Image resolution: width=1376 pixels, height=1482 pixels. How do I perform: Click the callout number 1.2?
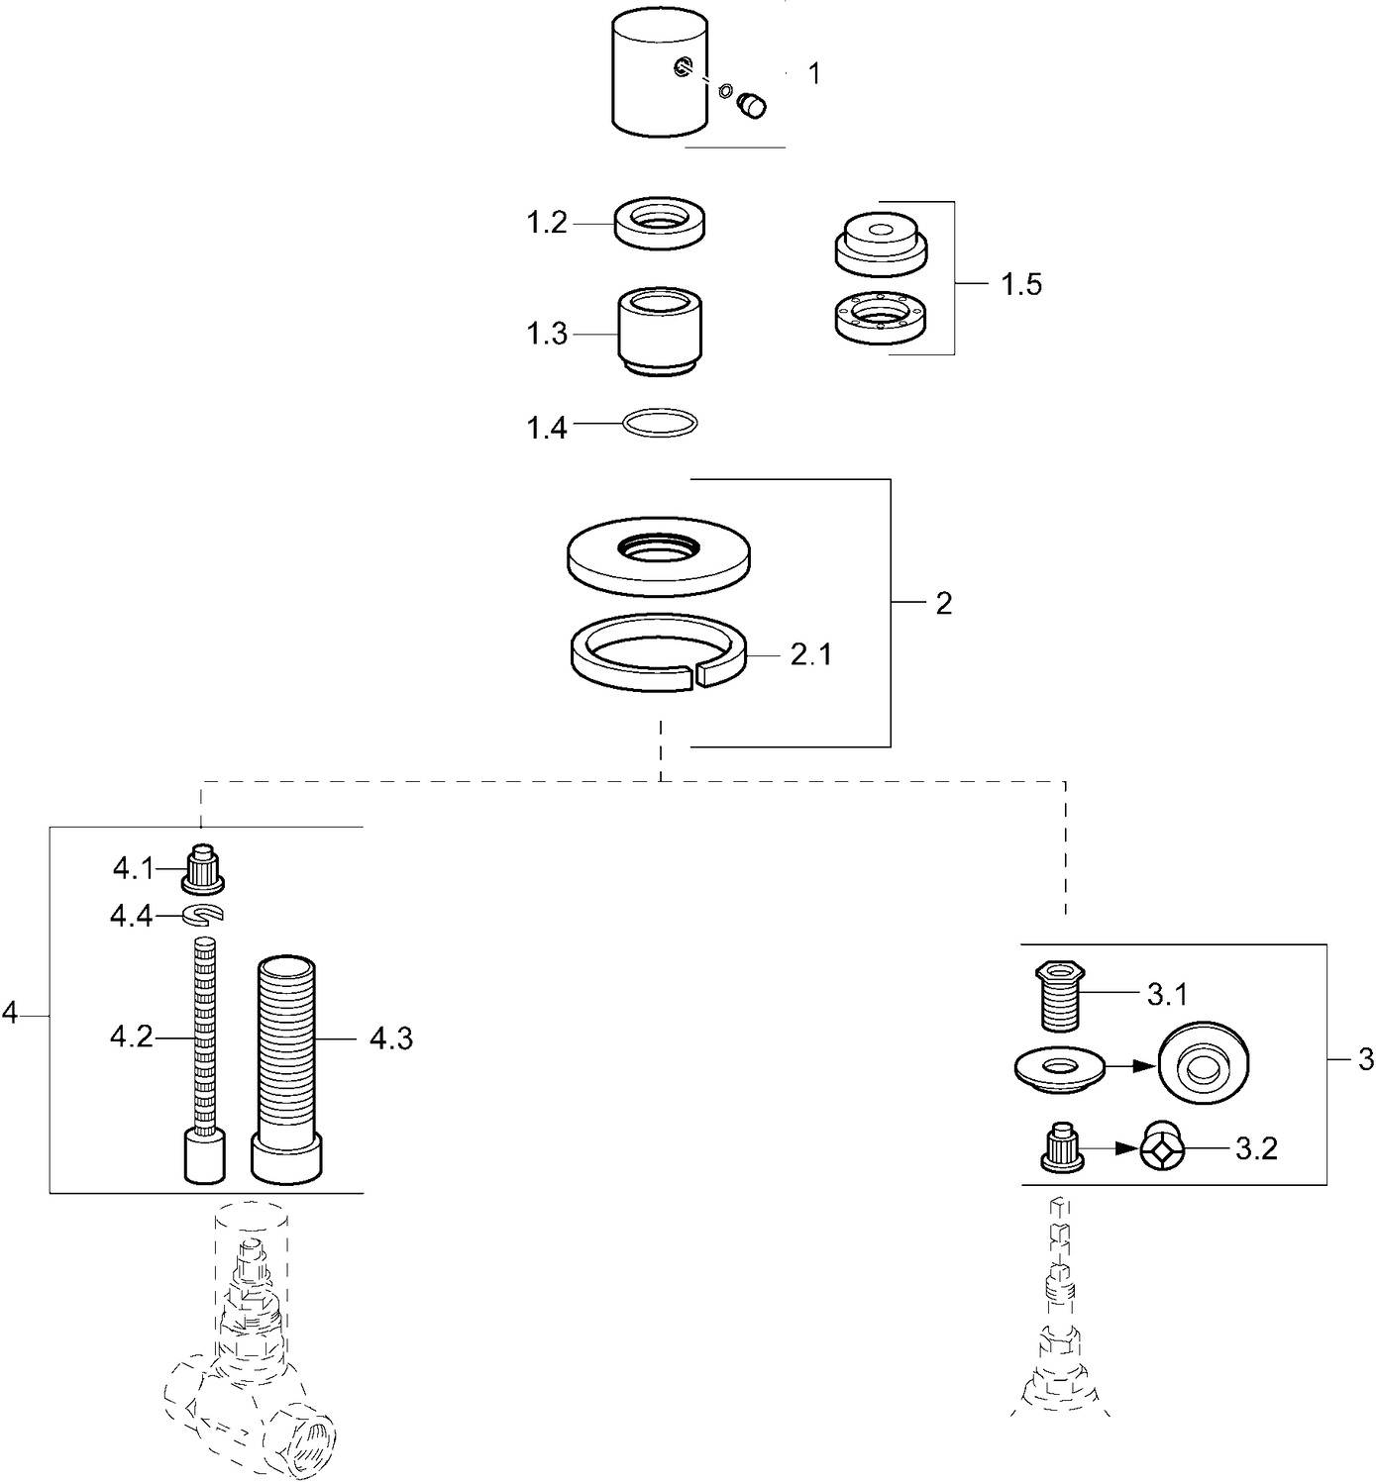pyautogui.click(x=546, y=223)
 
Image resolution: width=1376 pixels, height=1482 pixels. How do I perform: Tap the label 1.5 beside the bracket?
pyautogui.click(x=1021, y=285)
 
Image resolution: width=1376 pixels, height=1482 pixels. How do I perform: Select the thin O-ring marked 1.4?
pyautogui.click(x=661, y=424)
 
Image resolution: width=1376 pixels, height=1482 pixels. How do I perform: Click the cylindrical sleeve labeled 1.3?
pyautogui.click(x=661, y=332)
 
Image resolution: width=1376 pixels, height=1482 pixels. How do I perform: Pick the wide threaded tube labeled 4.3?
pyautogui.click(x=287, y=1069)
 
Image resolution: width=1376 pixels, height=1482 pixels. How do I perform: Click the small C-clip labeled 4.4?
pyautogui.click(x=203, y=915)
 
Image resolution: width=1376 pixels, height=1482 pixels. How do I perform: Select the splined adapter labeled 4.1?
pyautogui.click(x=204, y=867)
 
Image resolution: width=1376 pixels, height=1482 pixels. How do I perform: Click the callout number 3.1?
pyautogui.click(x=1167, y=994)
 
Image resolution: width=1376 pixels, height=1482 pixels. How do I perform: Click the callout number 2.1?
pyautogui.click(x=810, y=655)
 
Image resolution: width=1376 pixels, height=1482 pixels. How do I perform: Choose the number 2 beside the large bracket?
pyautogui.click(x=943, y=603)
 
